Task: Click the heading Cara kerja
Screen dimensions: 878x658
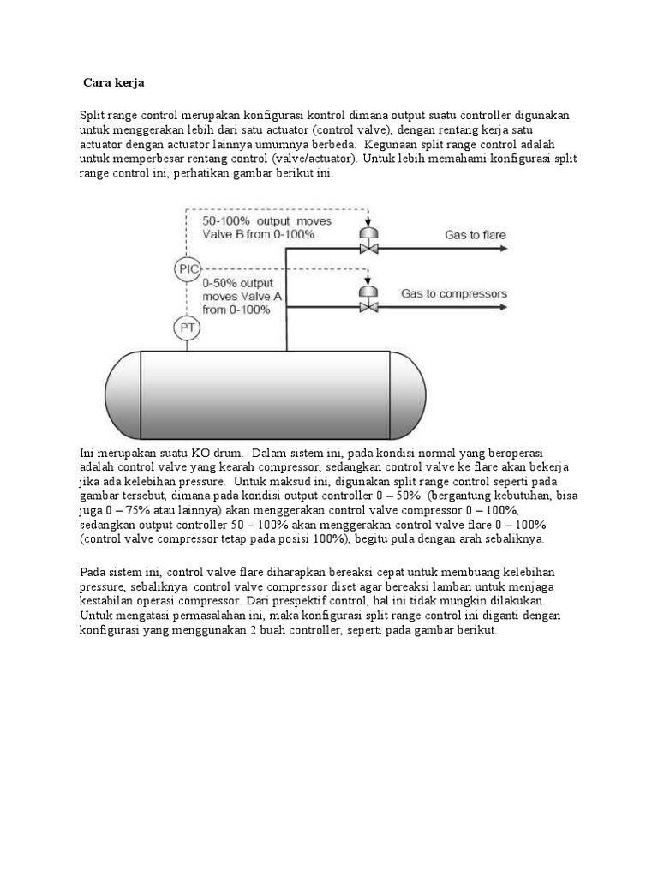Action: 114,83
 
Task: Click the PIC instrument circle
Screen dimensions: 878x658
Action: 187,270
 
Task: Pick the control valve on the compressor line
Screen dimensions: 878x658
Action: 368,302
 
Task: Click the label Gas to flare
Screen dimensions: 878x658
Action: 475,234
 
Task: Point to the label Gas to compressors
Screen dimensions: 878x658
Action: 454,293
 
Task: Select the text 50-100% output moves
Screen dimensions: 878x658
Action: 266,221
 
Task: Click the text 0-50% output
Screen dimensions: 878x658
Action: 238,282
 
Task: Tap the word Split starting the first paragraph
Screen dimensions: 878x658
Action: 93,115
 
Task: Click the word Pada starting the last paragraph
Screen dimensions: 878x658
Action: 93,571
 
